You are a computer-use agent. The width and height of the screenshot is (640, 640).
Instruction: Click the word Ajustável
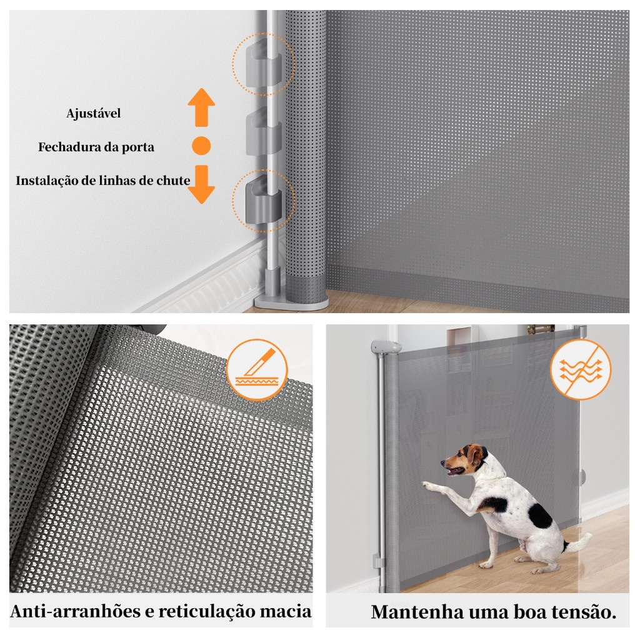point(94,113)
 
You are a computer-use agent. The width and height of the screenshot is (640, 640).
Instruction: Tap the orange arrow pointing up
point(201,107)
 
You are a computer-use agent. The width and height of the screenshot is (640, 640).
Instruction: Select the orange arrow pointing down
point(201,184)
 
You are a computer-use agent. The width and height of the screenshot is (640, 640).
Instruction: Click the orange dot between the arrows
point(201,145)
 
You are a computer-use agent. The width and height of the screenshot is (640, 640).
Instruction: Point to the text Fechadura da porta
point(96,147)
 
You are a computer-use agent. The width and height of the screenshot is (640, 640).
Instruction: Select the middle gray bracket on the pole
point(264,132)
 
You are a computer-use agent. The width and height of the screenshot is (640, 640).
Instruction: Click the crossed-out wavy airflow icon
point(581,369)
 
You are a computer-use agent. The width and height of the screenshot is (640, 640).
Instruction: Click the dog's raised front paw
point(428,485)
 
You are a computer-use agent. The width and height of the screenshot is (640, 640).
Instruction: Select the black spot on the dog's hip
point(540,515)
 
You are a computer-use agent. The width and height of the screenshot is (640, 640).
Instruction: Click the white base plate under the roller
point(291,303)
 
